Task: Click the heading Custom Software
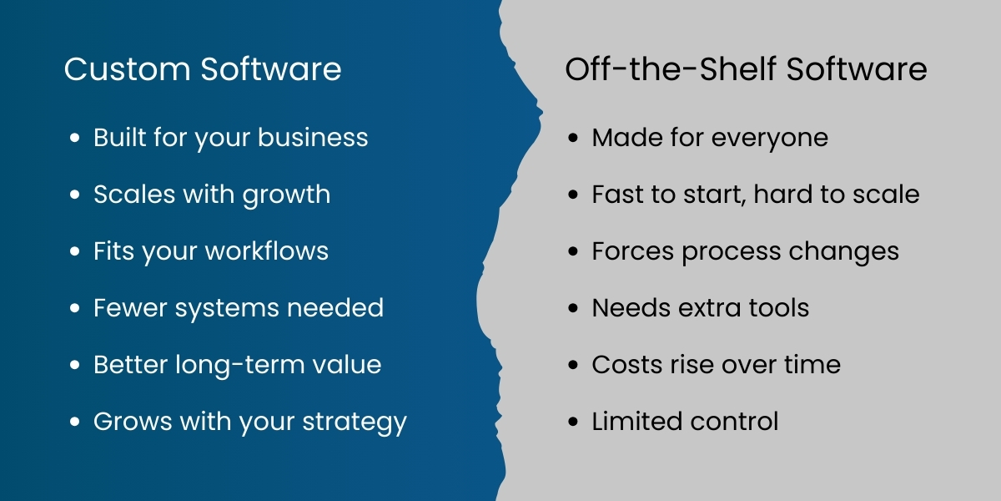(x=203, y=69)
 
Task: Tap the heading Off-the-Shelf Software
(x=746, y=69)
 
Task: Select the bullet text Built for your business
(x=230, y=138)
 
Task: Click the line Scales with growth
(x=212, y=195)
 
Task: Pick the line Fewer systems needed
(x=239, y=308)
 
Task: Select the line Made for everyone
(x=710, y=138)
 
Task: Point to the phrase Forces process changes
(x=745, y=251)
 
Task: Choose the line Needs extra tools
(x=700, y=308)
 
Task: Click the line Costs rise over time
(x=716, y=365)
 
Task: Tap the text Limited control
(x=685, y=422)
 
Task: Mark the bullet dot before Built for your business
(x=76, y=138)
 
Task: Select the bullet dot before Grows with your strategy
(x=76, y=423)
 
